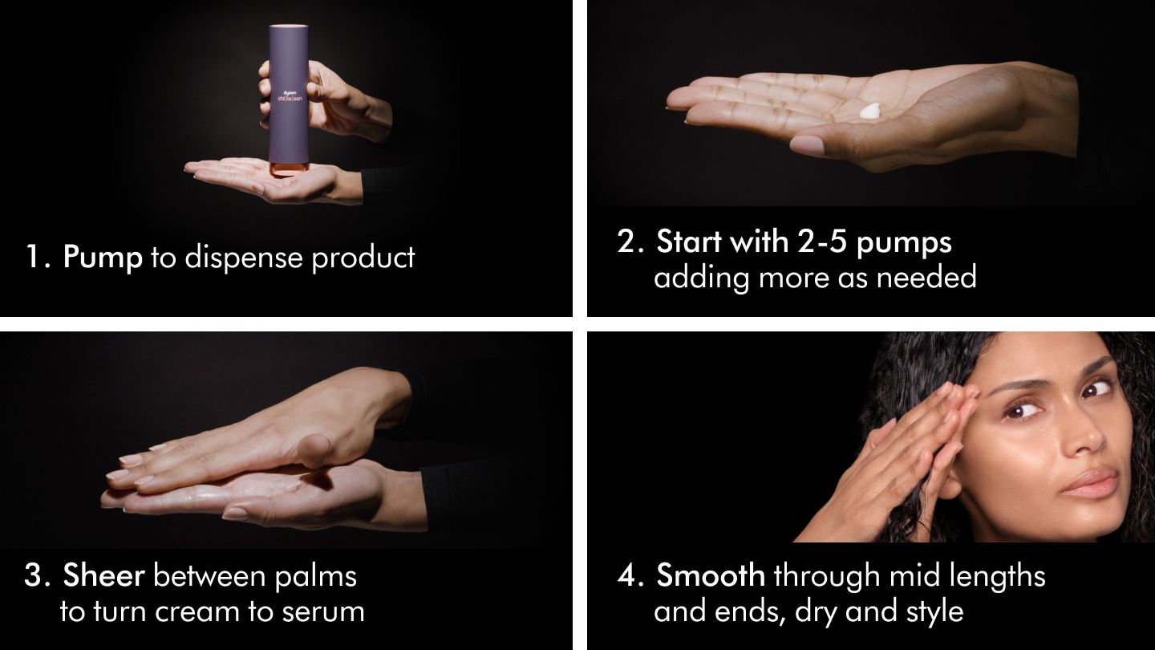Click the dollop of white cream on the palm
(869, 112)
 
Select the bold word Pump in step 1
(102, 258)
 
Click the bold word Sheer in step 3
(103, 575)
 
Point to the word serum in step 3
(323, 611)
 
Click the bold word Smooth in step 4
(711, 575)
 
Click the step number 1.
(36, 258)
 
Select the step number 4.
(627, 575)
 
